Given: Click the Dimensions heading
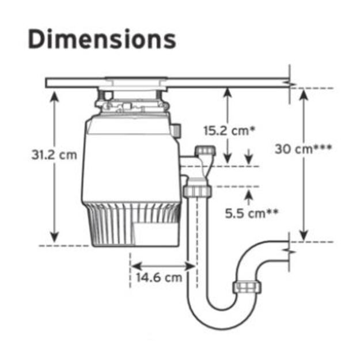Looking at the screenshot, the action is pyautogui.click(x=102, y=39).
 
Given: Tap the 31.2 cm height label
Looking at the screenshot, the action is pyautogui.click(x=54, y=155).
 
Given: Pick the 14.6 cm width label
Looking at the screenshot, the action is pyautogui.click(x=159, y=278).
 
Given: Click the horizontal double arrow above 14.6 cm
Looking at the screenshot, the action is pyautogui.click(x=163, y=266).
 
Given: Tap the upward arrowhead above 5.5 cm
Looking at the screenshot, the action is pyautogui.click(x=248, y=196).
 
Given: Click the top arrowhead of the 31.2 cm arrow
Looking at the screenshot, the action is pyautogui.click(x=54, y=96).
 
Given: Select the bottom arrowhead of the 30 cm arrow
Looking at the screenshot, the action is pyautogui.click(x=304, y=236).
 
